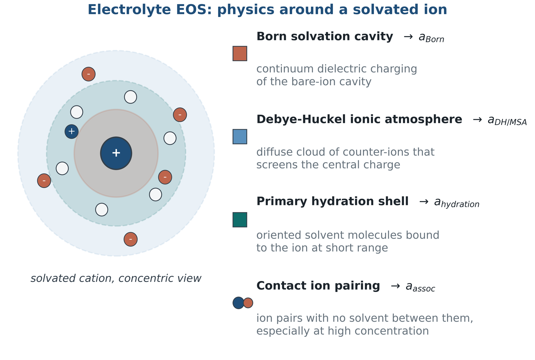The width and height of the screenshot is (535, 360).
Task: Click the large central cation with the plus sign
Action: (116, 153)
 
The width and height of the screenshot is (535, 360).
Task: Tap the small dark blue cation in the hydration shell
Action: (72, 131)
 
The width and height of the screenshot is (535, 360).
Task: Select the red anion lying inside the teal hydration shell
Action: (165, 177)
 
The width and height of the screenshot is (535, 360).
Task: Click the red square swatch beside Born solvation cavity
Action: (240, 53)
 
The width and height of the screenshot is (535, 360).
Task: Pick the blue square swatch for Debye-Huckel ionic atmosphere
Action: (240, 137)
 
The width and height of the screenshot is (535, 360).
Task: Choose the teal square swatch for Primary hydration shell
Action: (240, 220)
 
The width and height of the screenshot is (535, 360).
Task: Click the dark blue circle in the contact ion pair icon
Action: (238, 303)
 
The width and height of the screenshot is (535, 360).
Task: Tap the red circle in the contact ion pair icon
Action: (248, 303)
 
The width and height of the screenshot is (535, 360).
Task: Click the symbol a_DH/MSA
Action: (507, 121)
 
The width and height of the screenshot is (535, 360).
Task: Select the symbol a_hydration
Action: (457, 203)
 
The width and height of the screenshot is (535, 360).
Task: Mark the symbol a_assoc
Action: (420, 287)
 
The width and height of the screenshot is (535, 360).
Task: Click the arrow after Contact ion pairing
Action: (395, 286)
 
